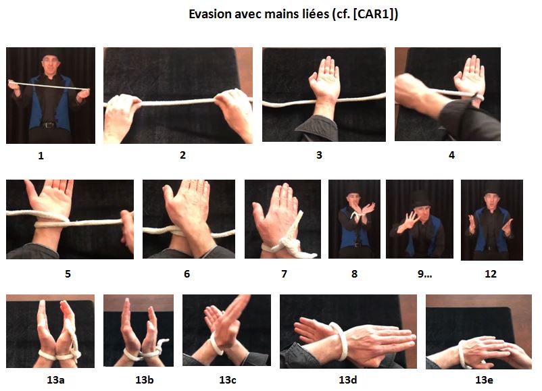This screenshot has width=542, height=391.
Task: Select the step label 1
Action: [41, 155]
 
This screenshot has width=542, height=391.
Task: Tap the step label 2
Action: [182, 155]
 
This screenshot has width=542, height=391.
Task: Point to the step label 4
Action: [451, 155]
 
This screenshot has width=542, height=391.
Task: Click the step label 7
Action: [284, 274]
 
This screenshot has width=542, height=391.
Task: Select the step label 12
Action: [491, 274]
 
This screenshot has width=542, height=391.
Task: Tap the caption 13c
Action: [226, 380]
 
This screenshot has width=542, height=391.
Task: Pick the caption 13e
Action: [484, 380]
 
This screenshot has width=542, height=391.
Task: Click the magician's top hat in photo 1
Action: [49, 57]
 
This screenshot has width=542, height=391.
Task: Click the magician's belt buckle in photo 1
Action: [48, 124]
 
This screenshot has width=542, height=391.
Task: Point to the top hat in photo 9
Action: [420, 197]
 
